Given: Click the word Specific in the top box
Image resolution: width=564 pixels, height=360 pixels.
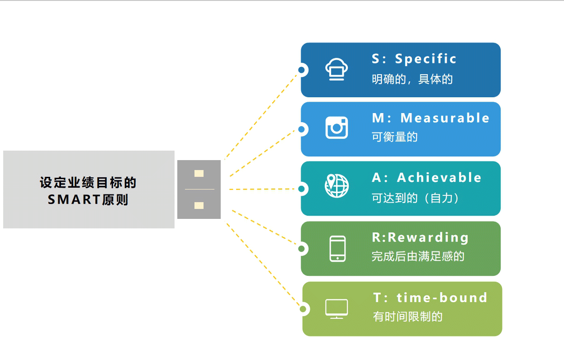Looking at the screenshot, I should tap(426, 59).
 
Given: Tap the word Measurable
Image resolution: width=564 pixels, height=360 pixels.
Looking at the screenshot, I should tap(445, 118).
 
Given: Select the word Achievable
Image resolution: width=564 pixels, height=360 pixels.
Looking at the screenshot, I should tap(439, 178).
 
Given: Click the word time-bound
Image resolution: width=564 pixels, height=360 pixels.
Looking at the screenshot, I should tap(442, 298).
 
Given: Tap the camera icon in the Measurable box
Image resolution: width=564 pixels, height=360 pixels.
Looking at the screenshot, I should tap(337, 128).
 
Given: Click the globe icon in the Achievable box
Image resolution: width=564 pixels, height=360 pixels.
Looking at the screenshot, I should tap(337, 186).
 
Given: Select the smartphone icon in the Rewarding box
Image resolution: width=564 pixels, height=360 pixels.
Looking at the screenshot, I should tap(337, 248).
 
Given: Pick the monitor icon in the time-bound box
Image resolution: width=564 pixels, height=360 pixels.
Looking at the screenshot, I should tap(337, 309).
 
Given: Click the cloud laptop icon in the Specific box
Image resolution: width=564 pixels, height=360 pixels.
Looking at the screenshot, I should tap(337, 70).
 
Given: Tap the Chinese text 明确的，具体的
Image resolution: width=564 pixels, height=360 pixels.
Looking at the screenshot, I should tap(412, 80).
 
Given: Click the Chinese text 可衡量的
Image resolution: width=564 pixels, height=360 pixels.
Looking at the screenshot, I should tap(394, 137).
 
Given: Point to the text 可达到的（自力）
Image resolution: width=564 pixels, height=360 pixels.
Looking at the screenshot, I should tap(415, 198).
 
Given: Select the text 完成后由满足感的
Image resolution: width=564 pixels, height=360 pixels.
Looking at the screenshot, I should tap(418, 256).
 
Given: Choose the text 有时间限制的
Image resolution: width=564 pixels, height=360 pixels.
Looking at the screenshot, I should tap(408, 317).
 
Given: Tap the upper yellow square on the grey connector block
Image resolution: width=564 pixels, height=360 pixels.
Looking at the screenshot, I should tap(199, 173).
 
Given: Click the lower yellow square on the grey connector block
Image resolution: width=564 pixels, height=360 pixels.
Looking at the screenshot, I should tap(199, 205).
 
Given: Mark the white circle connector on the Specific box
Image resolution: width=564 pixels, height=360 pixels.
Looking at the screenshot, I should tap(302, 70).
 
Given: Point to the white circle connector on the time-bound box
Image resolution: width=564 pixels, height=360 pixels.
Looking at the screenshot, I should tap(303, 309).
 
